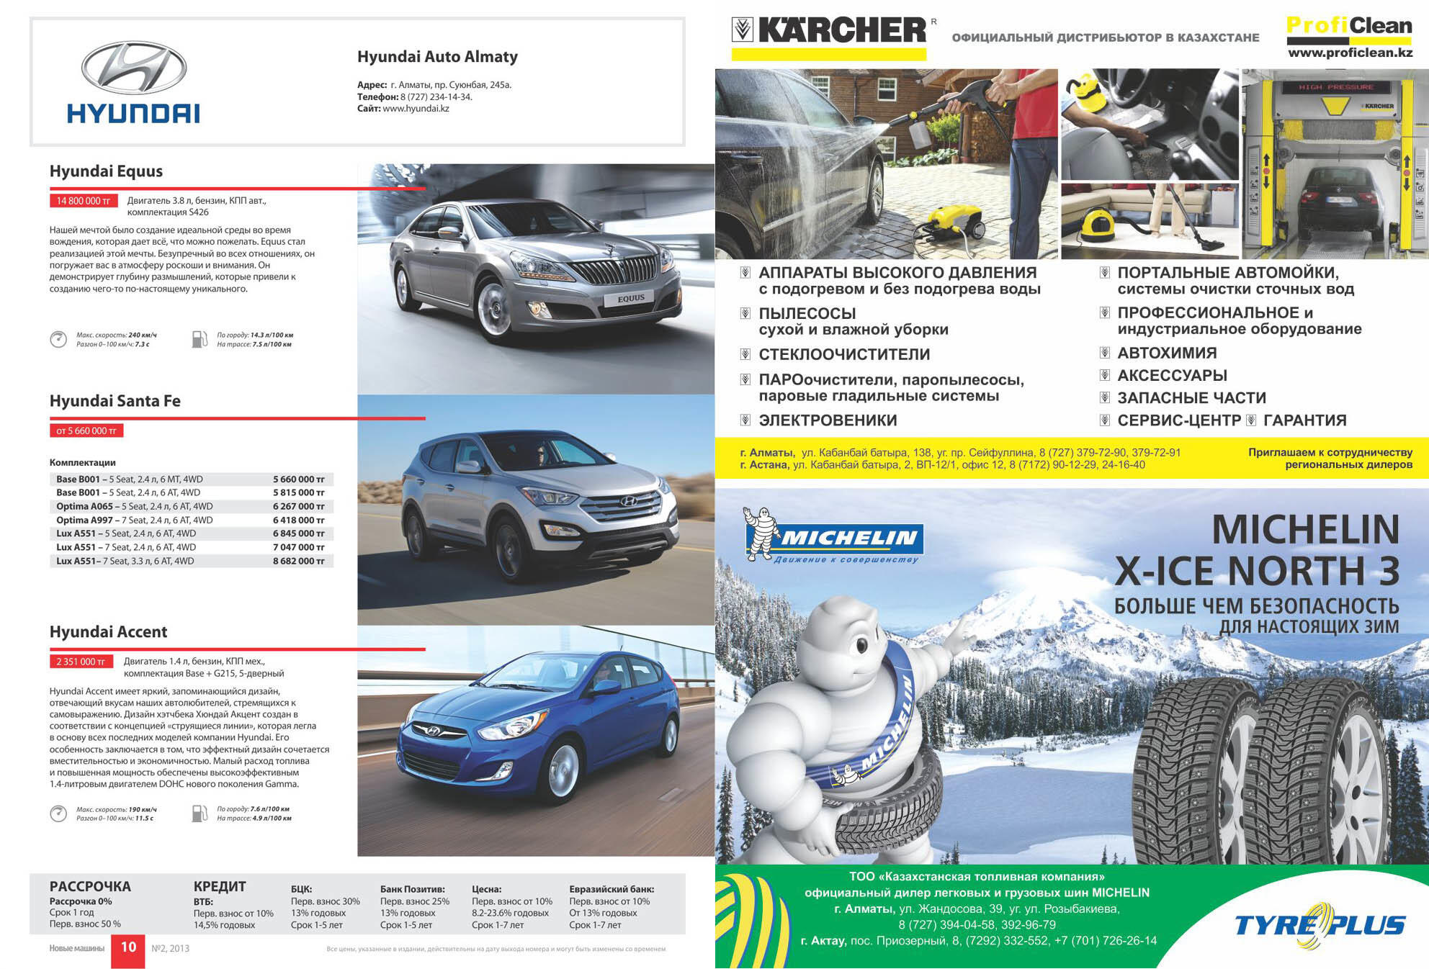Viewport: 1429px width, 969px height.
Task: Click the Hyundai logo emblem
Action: pos(133,68)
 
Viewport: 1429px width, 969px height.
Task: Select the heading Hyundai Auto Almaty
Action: pos(437,57)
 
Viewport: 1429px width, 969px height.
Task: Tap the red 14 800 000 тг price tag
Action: pos(83,201)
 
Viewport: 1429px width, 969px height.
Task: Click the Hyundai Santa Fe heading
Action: pos(115,401)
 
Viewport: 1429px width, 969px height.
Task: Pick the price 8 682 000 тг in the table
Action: pos(298,561)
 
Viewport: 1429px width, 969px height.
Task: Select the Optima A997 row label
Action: pos(84,520)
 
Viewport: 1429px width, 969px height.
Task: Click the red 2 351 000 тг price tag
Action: pos(81,662)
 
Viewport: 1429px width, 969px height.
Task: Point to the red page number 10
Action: pos(128,947)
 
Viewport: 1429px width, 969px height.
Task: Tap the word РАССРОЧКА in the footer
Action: pos(90,886)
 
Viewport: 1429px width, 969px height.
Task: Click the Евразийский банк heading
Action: pos(611,889)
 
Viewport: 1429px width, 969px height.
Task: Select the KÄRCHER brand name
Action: pos(842,30)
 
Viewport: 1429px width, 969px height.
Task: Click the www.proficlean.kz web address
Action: pos(1350,53)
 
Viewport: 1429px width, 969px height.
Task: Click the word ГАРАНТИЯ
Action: pos(1304,420)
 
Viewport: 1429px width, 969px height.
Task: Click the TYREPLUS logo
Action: pos(1320,924)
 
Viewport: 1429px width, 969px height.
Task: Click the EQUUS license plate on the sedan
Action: pos(631,298)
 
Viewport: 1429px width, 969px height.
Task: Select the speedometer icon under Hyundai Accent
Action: pos(58,813)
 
